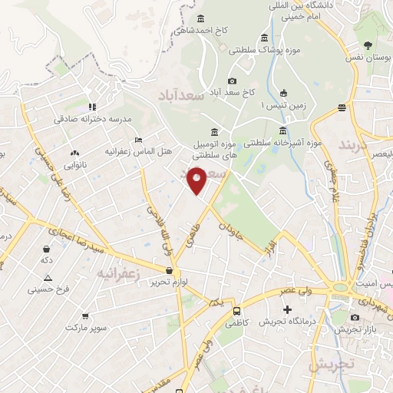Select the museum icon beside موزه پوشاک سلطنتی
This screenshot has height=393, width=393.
point(264,38)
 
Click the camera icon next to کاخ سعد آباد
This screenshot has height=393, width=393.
point(232,81)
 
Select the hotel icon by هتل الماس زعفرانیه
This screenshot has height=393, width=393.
point(138,140)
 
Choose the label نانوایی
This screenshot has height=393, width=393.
point(74,163)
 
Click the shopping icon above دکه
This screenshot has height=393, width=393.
point(48,249)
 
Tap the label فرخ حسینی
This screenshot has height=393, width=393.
point(48,289)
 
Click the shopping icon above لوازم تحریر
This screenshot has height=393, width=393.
point(169,270)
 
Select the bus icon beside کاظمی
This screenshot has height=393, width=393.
point(236,312)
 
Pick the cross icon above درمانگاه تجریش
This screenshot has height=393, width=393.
point(287,310)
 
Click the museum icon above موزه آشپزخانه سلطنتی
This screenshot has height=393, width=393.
point(283,130)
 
